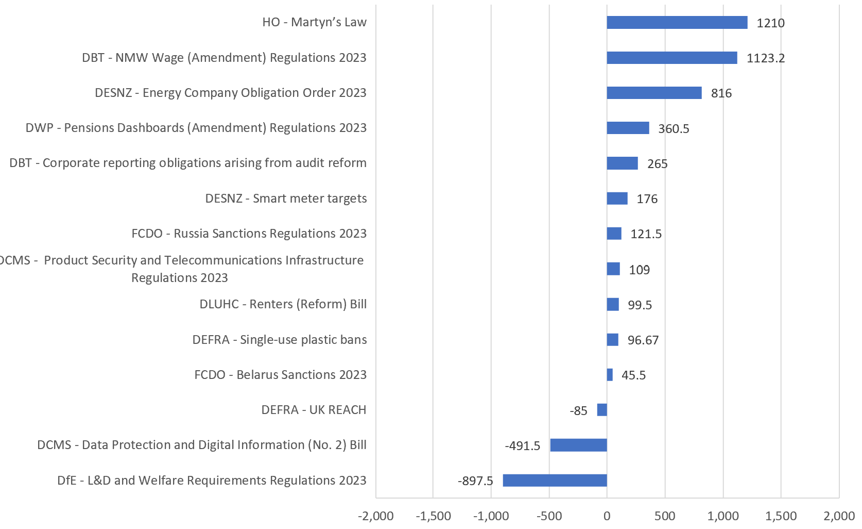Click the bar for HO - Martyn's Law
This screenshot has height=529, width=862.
(x=677, y=22)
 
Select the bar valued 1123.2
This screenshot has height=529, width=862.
(x=671, y=58)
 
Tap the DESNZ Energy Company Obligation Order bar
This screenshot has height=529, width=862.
(x=654, y=93)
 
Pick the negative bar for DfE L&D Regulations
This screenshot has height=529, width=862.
(x=555, y=481)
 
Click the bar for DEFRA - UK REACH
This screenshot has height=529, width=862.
(x=602, y=410)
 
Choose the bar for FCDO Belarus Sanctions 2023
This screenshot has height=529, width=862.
(x=610, y=375)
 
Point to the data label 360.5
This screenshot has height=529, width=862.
(x=674, y=128)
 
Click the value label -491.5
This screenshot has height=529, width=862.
(x=523, y=446)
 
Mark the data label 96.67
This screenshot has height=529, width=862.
(x=643, y=340)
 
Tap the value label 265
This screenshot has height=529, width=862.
(x=657, y=164)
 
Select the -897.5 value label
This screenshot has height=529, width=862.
(x=475, y=481)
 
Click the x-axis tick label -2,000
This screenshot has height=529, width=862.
(x=376, y=516)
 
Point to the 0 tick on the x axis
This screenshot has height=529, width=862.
(x=607, y=516)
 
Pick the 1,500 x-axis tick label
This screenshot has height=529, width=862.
(x=781, y=516)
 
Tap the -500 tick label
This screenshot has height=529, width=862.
(x=549, y=516)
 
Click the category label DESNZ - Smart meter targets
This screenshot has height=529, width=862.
(x=286, y=199)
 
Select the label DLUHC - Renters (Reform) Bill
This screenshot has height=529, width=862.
(x=283, y=304)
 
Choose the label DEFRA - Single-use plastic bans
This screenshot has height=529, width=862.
(x=280, y=340)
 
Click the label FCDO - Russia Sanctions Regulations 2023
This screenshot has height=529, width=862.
(x=249, y=234)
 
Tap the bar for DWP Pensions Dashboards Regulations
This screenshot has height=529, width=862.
(x=628, y=128)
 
